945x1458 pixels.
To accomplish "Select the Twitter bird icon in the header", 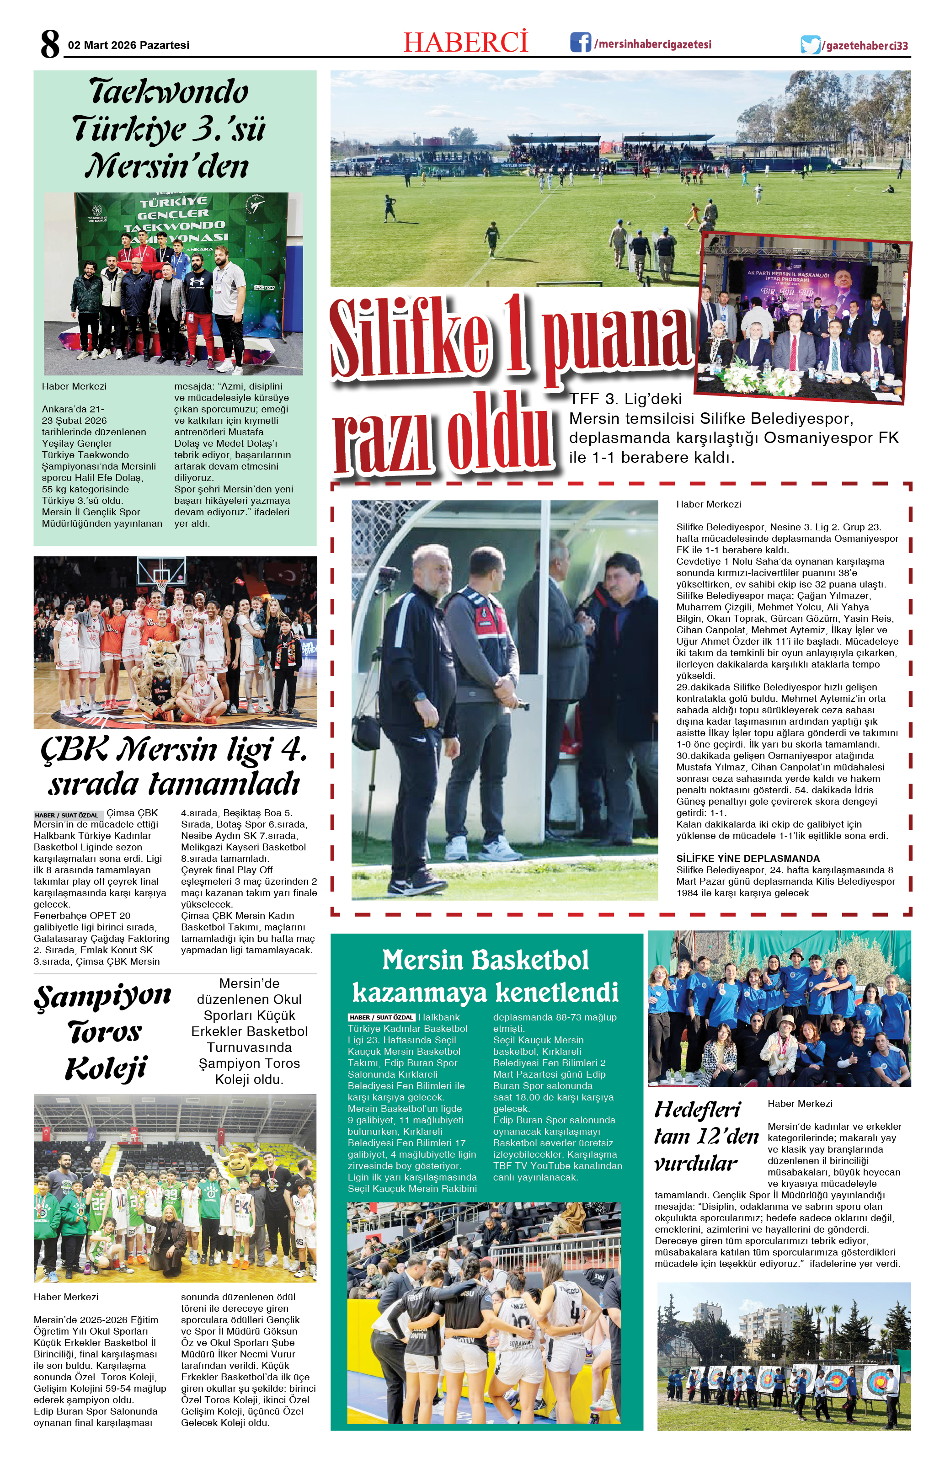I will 810,45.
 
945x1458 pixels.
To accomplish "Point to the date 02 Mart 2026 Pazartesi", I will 128,45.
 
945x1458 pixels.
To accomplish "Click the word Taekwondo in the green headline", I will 169,92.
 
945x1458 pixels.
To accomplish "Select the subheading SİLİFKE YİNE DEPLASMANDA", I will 747,858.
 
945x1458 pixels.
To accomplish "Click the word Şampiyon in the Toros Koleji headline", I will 103,995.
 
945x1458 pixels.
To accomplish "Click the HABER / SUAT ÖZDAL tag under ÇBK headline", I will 67,815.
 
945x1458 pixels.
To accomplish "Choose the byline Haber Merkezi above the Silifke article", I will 708,504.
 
